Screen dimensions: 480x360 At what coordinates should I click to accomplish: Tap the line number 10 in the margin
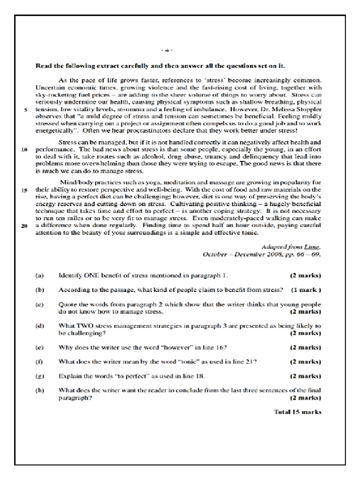(x=25, y=150)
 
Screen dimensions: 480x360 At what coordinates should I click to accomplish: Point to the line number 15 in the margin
(x=25, y=191)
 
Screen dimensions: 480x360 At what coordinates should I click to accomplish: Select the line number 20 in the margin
(x=25, y=226)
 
